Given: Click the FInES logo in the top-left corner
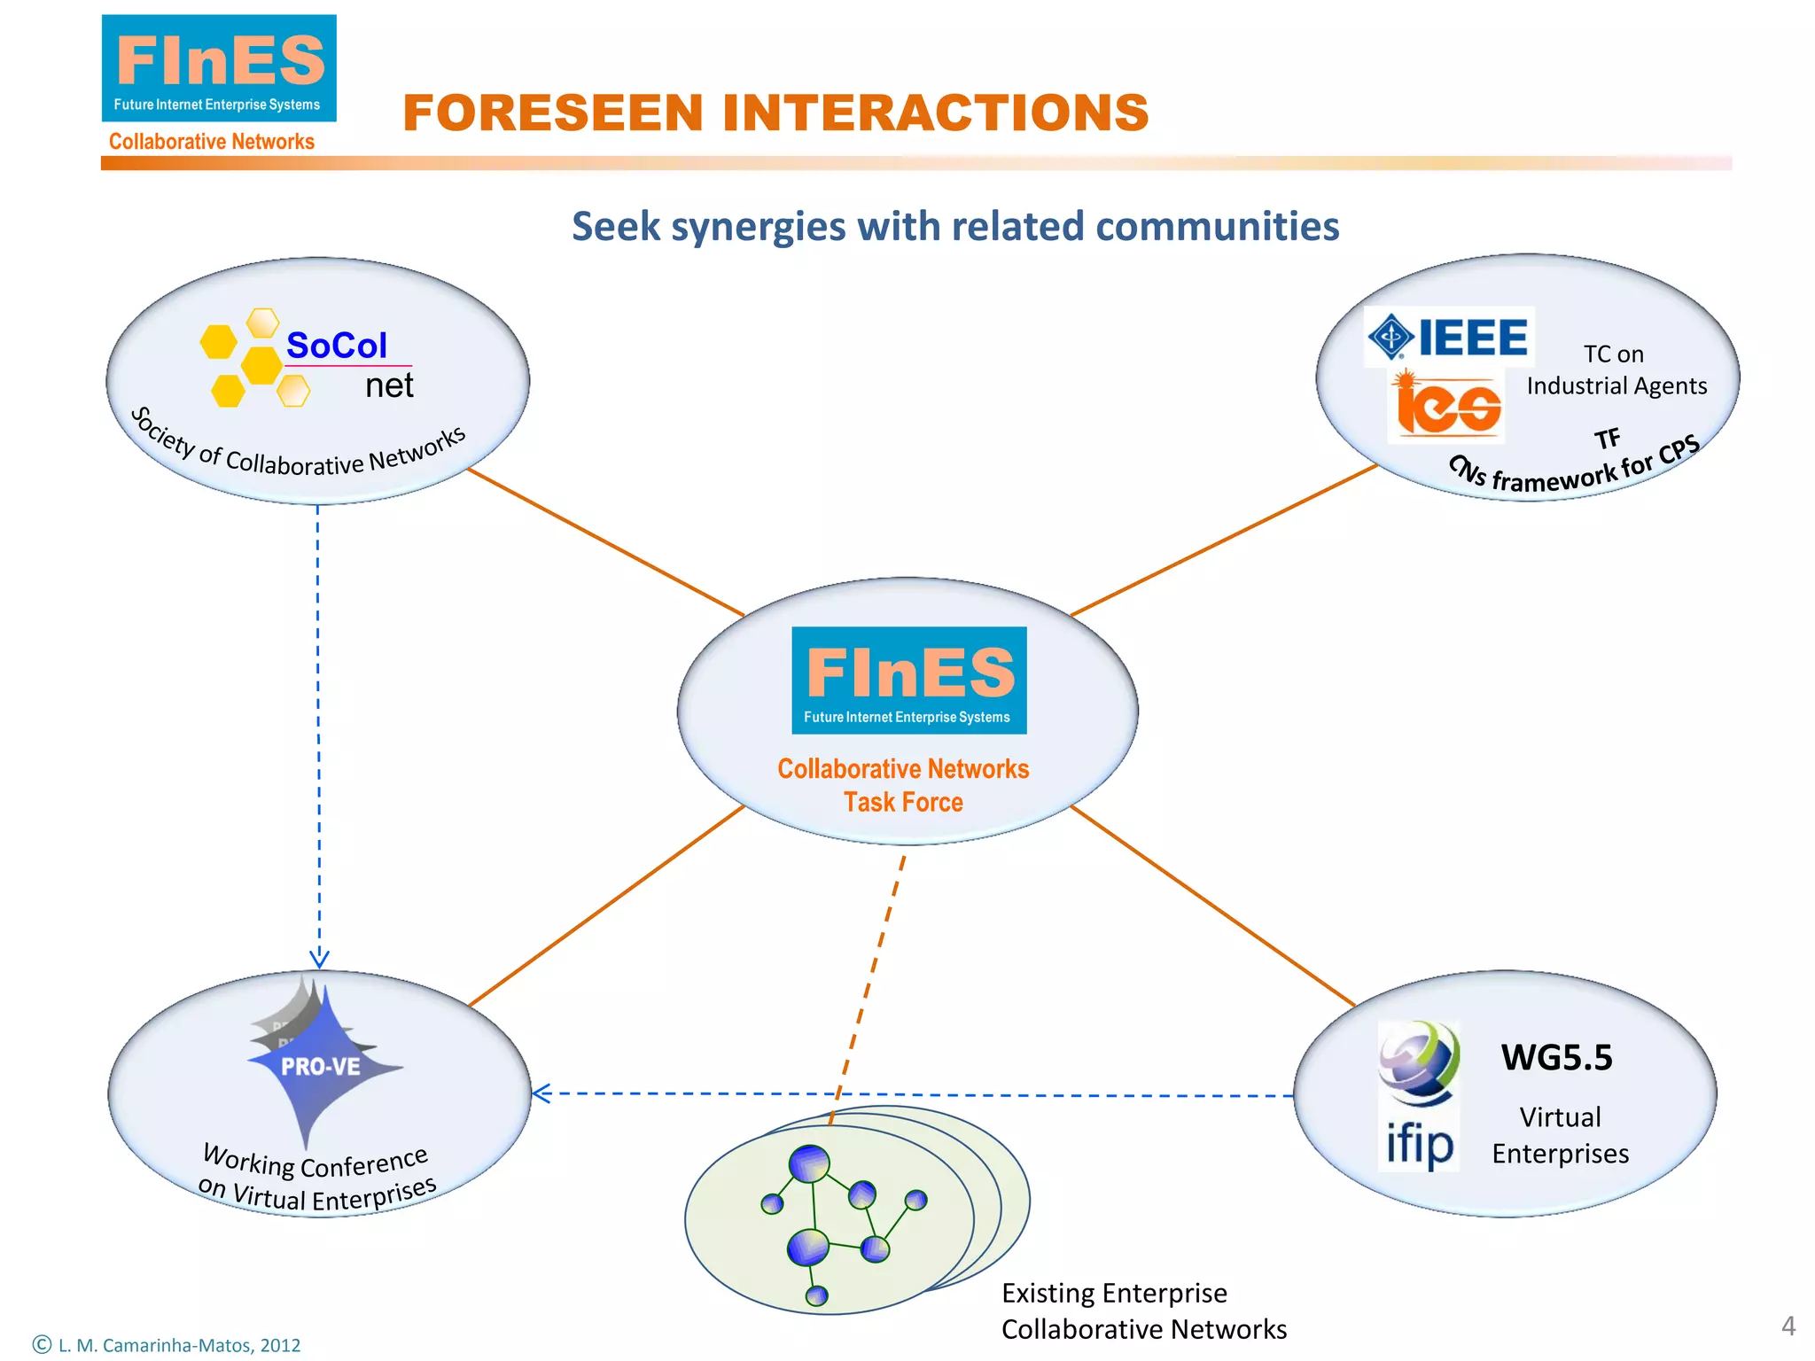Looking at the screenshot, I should coord(219,68).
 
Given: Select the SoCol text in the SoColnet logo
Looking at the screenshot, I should coord(337,346).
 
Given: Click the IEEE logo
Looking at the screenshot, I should coord(1449,337).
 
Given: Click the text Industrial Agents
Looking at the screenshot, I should coord(1616,386).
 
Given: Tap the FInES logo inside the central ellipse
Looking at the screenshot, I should coord(909,680).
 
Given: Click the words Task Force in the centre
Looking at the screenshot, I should coord(903,802).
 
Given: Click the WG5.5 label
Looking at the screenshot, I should coord(1557,1057).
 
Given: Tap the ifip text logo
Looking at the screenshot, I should coord(1419,1145).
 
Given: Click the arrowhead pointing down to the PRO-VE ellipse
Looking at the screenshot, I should coord(319,960).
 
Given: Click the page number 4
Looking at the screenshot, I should coord(1788,1326).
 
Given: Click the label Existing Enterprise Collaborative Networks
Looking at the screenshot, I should coord(1143,1311).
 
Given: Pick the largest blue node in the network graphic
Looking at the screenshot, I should coord(809,1164).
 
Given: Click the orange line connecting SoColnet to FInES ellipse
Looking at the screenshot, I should coord(605,542).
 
